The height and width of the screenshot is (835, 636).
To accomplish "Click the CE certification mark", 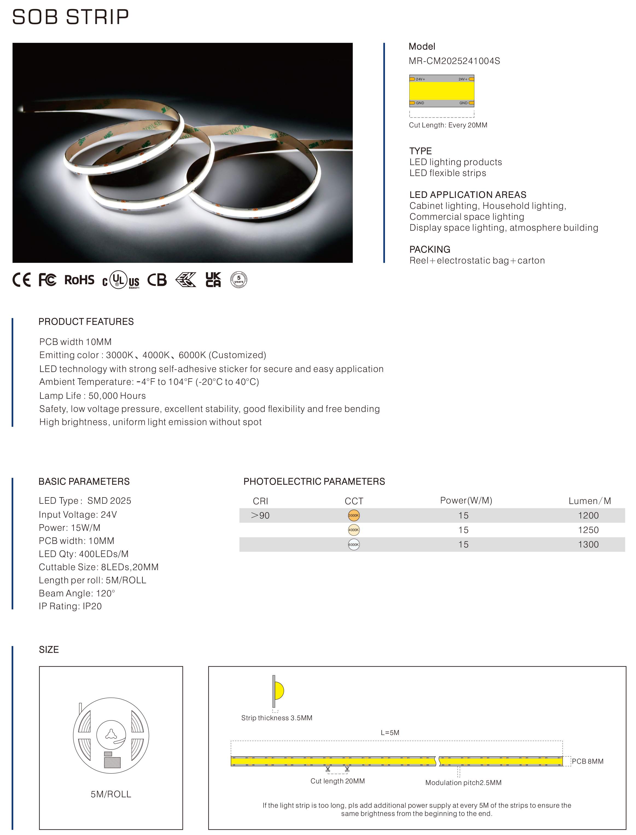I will (x=22, y=280).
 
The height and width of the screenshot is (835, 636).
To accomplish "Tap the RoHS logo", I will (x=79, y=280).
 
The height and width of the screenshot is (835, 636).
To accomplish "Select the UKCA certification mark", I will (x=213, y=280).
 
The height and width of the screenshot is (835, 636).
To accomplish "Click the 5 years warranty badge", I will (x=239, y=280).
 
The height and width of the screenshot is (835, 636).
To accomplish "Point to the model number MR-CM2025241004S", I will (x=454, y=61).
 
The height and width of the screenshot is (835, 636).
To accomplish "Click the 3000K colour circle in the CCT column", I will (x=354, y=515).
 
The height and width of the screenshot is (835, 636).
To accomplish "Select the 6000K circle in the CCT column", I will (x=354, y=545).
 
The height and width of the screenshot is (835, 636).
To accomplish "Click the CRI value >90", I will (x=261, y=515).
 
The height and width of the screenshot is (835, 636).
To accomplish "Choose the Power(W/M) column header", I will (x=466, y=500).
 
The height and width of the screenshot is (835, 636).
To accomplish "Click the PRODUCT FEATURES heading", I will (x=86, y=322).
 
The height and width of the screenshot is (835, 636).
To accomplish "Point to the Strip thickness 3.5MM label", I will (x=277, y=718).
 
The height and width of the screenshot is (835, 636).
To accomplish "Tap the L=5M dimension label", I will (x=390, y=733).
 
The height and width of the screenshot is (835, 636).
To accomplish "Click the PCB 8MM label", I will (x=588, y=761).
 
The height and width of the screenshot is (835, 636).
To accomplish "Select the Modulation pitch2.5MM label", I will (x=463, y=783).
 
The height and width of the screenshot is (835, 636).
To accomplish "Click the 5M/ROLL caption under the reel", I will (x=111, y=794).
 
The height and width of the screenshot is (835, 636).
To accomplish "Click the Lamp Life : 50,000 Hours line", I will (x=92, y=396).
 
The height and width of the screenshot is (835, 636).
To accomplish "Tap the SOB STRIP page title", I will (x=71, y=17).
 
